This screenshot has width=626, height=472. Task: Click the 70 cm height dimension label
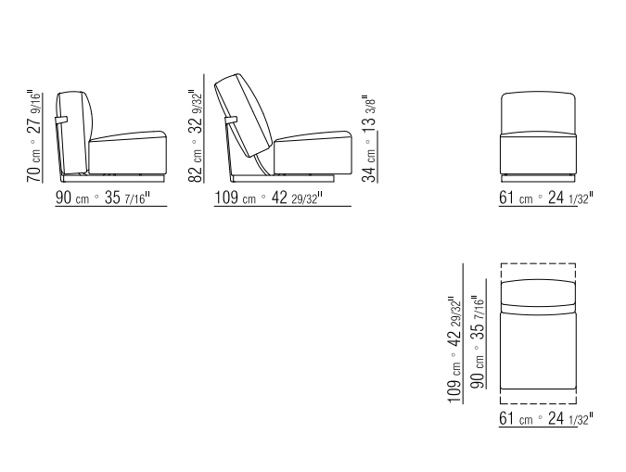click(34, 137)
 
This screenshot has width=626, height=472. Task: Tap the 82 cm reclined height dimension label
click(196, 135)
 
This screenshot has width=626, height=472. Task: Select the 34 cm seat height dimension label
click(369, 138)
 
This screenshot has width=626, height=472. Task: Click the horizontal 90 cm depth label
click(103, 198)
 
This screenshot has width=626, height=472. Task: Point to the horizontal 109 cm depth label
click(269, 198)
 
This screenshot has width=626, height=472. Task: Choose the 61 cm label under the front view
click(545, 198)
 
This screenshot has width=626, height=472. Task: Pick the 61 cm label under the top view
click(545, 418)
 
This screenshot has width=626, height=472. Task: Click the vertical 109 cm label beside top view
click(454, 350)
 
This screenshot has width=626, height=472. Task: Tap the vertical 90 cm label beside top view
click(478, 342)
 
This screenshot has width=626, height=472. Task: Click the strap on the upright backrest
click(61, 120)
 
